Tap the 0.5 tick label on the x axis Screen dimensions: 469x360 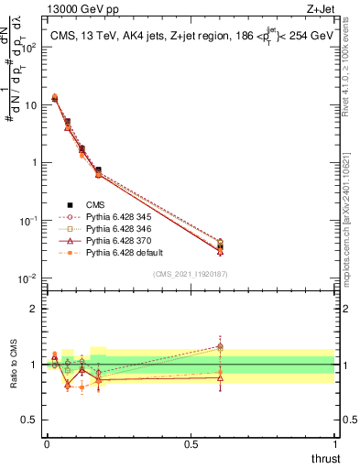coord(191,444)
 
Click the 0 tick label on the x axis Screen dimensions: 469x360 coord(47,444)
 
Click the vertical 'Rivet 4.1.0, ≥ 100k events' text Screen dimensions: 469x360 coord(350,70)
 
